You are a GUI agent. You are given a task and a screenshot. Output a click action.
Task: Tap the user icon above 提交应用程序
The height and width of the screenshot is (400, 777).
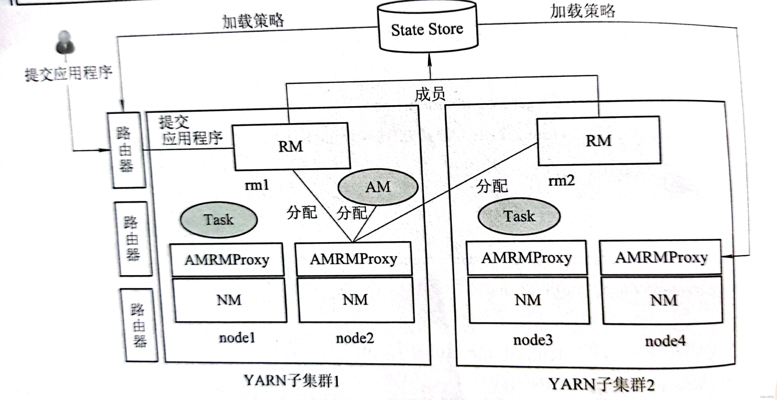pyautogui.click(x=65, y=42)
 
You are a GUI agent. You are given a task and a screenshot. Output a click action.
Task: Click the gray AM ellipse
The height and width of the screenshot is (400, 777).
pyautogui.click(x=378, y=187)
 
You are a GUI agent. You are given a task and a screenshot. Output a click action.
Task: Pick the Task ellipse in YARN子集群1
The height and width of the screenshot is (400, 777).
pyautogui.click(x=219, y=220)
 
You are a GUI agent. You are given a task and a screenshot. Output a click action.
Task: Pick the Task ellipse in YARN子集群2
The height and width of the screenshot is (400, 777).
pyautogui.click(x=519, y=216)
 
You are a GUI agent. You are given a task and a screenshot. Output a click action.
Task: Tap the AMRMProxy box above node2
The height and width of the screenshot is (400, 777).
pyautogui.click(x=354, y=259)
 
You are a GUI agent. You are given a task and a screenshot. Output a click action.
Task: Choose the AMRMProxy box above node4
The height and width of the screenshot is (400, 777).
pyautogui.click(x=661, y=257)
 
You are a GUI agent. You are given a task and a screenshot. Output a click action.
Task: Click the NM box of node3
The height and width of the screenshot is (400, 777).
pyautogui.click(x=528, y=300)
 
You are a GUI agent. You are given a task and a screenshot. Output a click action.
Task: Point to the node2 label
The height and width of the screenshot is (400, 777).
pyautogui.click(x=355, y=338)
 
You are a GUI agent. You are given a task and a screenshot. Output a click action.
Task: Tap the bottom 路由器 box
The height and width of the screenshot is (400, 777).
pyautogui.click(x=139, y=325)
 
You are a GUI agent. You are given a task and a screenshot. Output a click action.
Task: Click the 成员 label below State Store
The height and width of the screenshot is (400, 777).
pyautogui.click(x=430, y=94)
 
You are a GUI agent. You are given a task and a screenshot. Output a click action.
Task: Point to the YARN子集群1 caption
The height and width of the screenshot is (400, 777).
pyautogui.click(x=291, y=381)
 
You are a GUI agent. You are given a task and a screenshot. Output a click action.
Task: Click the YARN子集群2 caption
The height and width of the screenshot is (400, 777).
pyautogui.click(x=601, y=384)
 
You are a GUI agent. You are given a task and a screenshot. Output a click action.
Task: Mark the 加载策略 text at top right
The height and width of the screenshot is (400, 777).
pyautogui.click(x=582, y=11)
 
